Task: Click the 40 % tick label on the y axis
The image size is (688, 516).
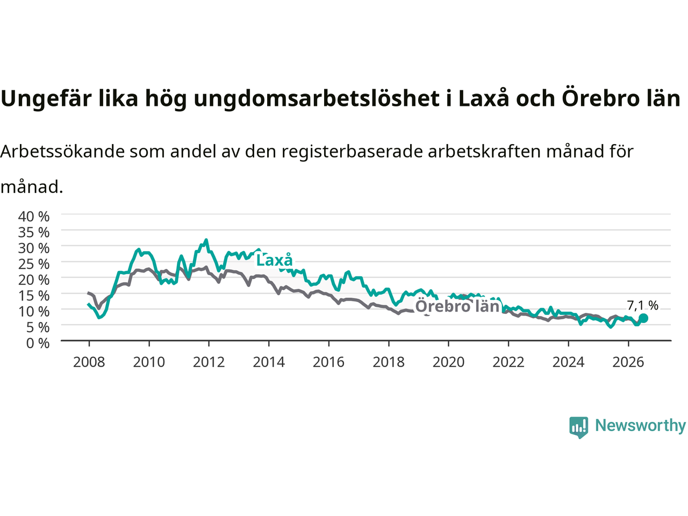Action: (34, 217)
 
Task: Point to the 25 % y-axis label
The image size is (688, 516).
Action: (34, 264)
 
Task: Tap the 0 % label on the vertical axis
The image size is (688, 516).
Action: (38, 343)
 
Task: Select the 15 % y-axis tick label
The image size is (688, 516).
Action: (34, 296)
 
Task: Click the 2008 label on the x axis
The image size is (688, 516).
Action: (89, 362)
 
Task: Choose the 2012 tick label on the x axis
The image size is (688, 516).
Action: (209, 362)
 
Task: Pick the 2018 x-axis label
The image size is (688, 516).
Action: (389, 362)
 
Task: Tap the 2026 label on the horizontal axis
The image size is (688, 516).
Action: (628, 362)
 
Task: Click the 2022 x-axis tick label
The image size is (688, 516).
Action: (508, 362)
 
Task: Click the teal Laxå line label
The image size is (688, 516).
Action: (275, 260)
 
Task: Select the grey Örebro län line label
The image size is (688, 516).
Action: (457, 306)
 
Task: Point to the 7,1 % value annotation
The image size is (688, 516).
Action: (642, 305)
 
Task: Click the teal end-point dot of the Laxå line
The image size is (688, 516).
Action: (643, 318)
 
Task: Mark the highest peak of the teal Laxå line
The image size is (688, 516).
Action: (206, 240)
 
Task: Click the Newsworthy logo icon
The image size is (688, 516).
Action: (578, 427)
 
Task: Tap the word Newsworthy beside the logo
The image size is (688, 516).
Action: (640, 426)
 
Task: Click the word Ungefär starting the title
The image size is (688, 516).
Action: (46, 99)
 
